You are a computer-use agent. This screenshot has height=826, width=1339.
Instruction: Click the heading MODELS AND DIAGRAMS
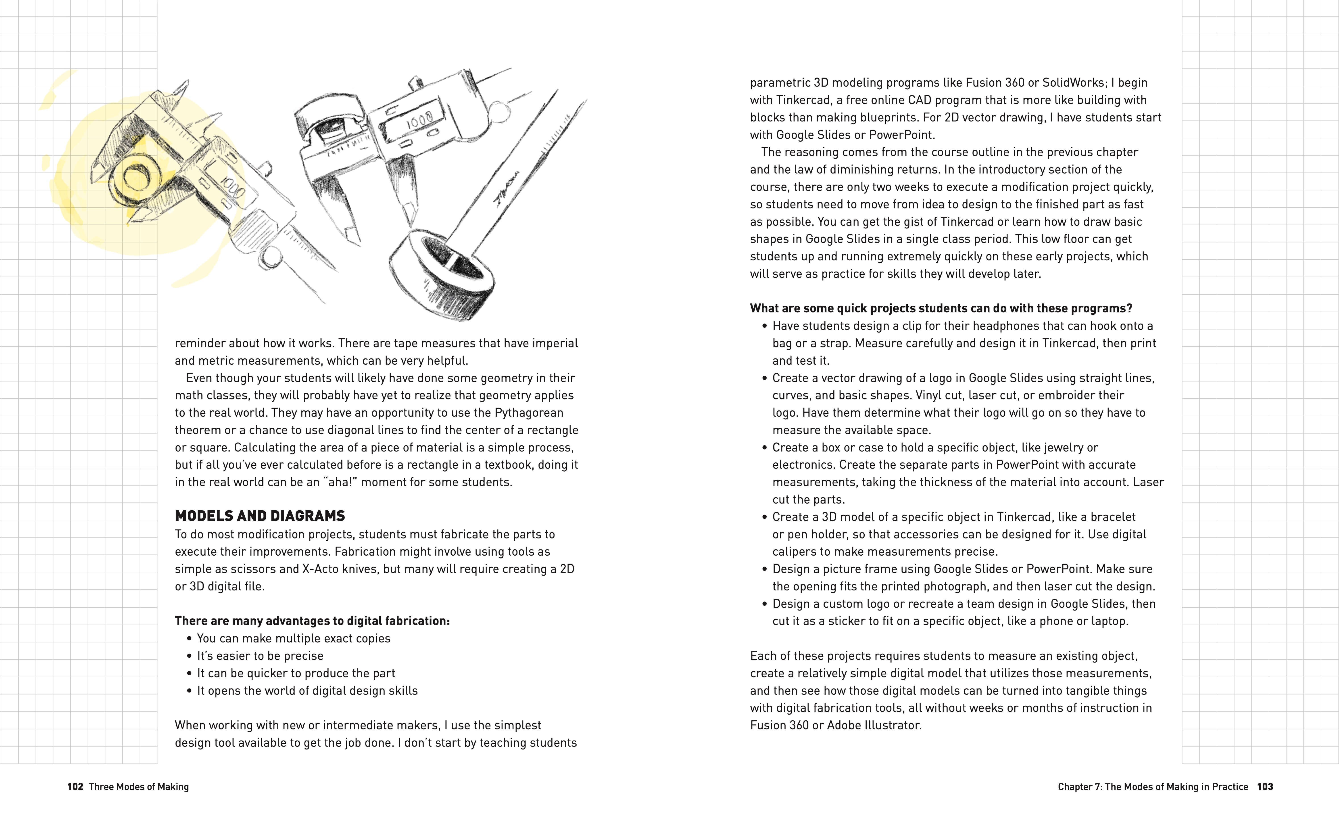click(260, 516)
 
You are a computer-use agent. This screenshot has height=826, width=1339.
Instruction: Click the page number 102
click(75, 787)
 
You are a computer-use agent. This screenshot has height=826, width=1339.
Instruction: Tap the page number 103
click(1265, 787)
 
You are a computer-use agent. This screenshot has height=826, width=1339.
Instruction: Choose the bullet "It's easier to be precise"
click(260, 656)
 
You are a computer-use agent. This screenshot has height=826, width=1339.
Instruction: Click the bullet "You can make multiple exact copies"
click(293, 638)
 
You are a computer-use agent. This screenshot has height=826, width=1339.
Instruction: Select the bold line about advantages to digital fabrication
click(312, 621)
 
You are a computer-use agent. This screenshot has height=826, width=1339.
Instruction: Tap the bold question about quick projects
click(941, 308)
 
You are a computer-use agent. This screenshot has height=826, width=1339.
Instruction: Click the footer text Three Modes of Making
click(139, 787)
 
